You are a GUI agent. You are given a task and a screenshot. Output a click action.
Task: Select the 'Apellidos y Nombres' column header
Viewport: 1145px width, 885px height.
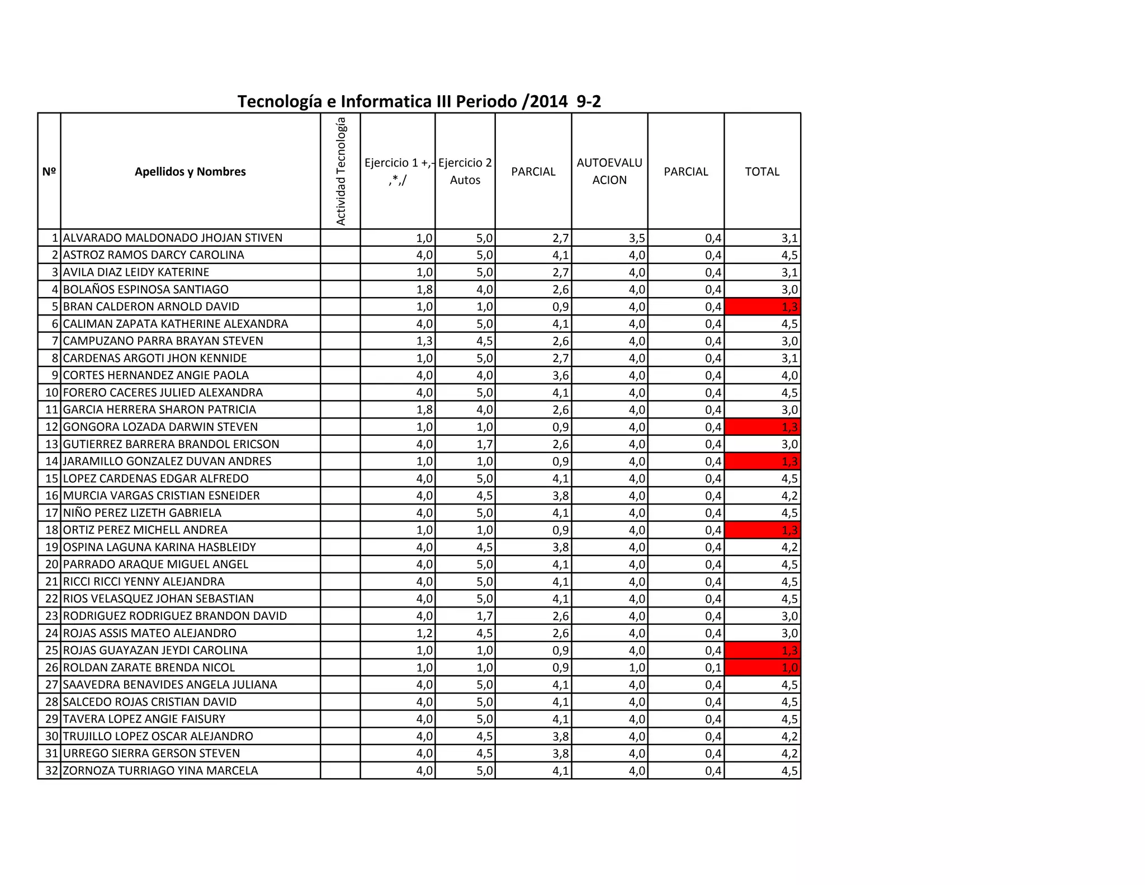coord(190,172)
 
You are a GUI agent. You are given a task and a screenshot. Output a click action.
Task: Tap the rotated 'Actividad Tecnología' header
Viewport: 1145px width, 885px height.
coord(340,171)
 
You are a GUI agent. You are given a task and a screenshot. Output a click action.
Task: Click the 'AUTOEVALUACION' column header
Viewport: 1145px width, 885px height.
coord(609,171)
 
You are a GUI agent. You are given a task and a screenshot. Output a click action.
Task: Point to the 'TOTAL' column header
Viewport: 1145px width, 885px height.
coord(761,172)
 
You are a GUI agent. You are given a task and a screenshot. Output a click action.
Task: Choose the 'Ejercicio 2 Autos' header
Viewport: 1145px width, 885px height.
coord(465,171)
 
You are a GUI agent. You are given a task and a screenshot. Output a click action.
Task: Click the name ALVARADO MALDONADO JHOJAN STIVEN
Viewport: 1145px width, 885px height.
coord(173,238)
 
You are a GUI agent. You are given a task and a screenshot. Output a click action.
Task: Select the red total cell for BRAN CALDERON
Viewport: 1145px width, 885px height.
coord(763,307)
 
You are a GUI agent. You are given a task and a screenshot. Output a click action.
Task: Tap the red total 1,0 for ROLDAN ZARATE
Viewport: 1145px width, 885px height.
coord(763,667)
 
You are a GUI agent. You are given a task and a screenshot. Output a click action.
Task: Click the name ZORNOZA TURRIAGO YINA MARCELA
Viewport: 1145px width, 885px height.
coord(160,770)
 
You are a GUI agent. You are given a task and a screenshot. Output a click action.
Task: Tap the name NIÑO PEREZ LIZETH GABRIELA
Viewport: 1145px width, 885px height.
coord(142,513)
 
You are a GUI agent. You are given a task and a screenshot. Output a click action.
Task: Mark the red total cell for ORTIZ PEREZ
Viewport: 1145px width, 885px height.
coord(763,530)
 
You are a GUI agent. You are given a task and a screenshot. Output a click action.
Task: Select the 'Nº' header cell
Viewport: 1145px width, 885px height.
coord(49,172)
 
